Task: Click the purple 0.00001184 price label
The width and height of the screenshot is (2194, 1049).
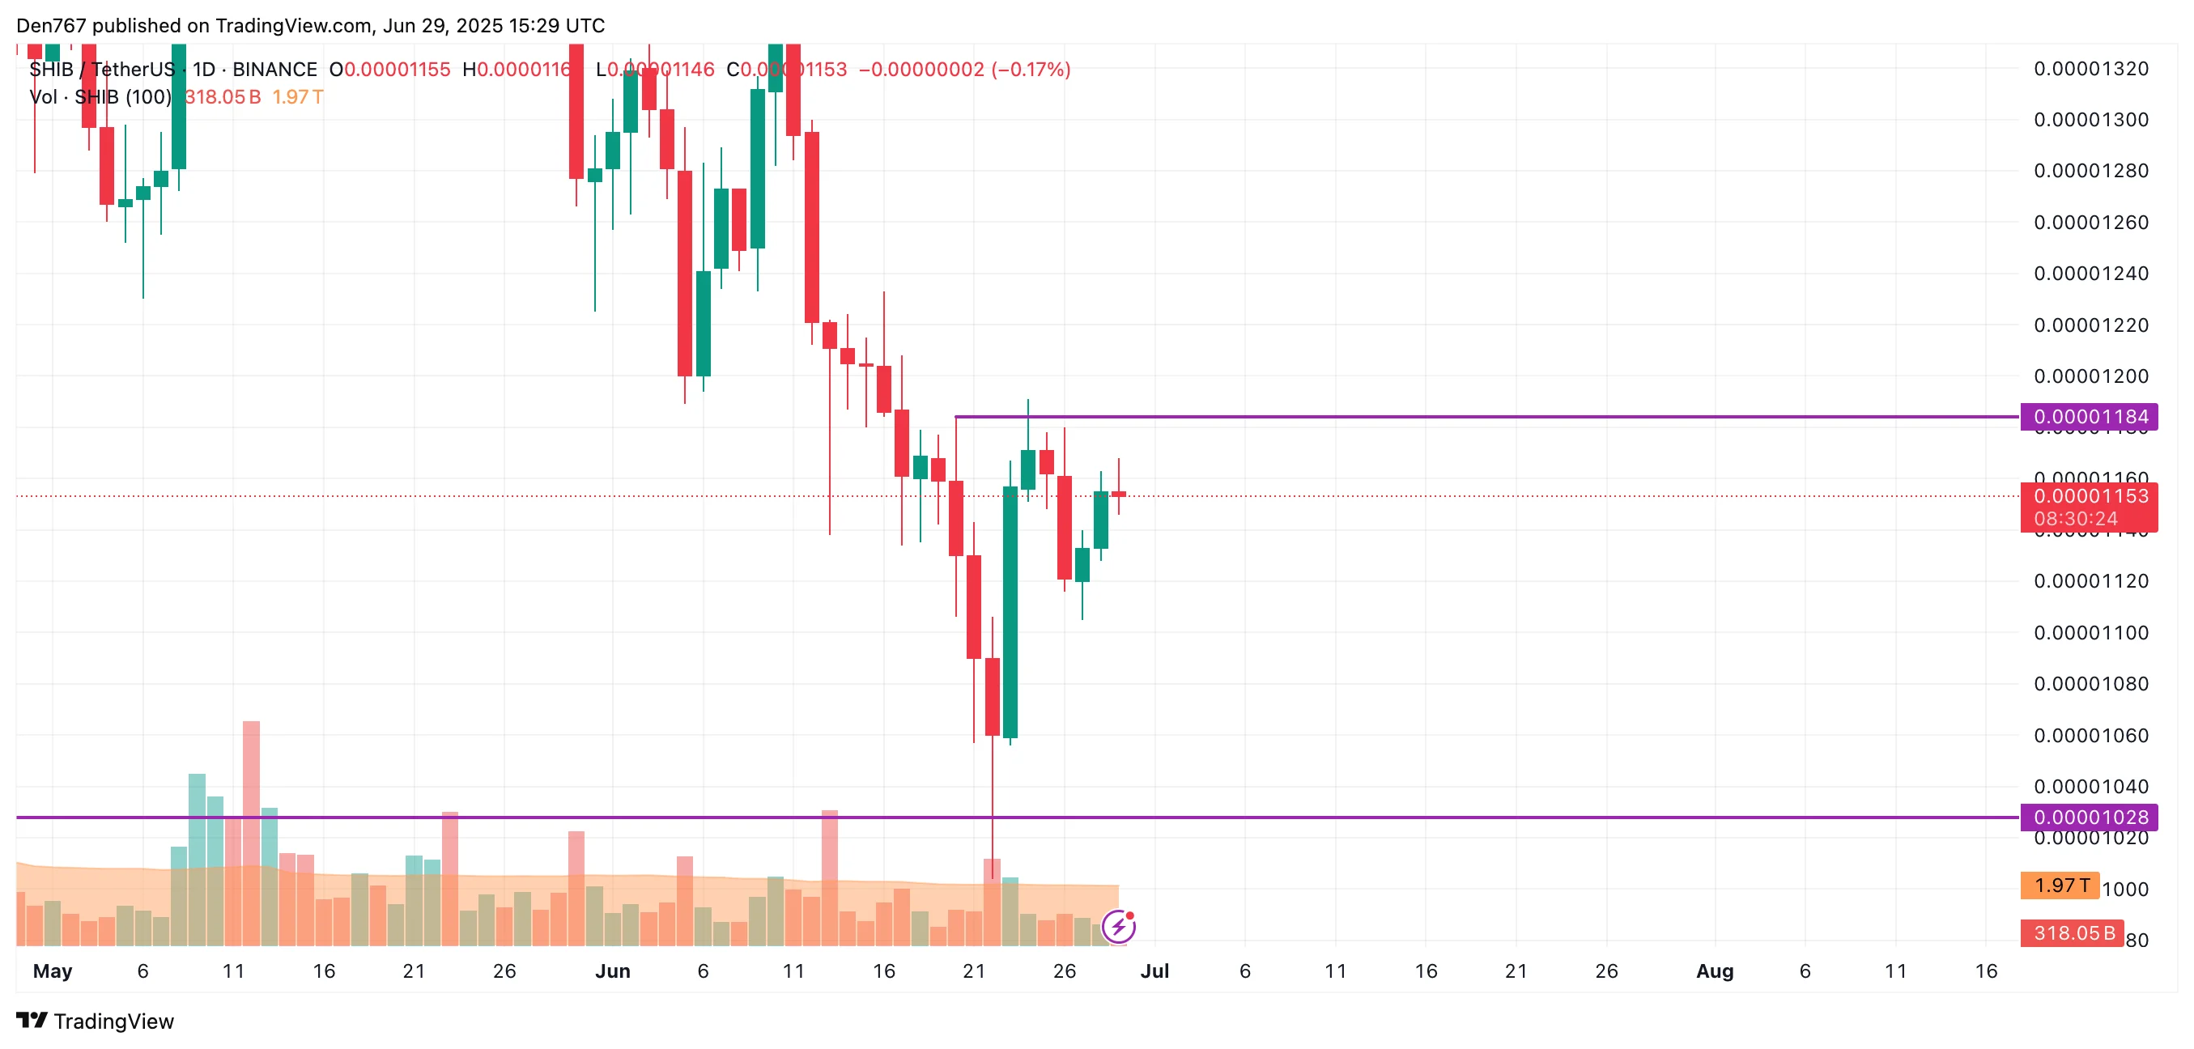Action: click(x=2089, y=417)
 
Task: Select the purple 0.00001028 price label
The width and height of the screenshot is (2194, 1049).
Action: click(x=2089, y=818)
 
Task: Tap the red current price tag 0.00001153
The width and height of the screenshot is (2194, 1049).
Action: click(x=2089, y=496)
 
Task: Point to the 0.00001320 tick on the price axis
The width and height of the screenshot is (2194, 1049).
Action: click(x=2090, y=69)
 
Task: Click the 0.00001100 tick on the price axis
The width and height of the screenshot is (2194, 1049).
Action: click(x=2090, y=633)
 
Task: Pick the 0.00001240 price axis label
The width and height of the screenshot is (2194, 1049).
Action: click(x=2090, y=274)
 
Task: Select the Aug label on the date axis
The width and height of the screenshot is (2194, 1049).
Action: click(x=1715, y=971)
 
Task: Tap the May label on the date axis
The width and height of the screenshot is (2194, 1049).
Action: click(x=52, y=971)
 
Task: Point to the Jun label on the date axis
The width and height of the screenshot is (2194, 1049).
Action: click(x=612, y=971)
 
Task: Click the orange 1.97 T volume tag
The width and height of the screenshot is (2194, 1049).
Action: click(x=2060, y=885)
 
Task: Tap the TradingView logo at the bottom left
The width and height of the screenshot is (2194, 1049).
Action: click(x=96, y=1021)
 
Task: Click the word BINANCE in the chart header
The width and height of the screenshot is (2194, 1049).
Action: click(x=274, y=70)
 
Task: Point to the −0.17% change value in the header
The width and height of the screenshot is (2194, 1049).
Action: click(x=1031, y=70)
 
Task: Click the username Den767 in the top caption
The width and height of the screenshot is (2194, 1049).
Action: click(x=51, y=26)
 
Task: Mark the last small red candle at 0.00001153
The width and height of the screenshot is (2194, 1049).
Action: click(x=1118, y=494)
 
